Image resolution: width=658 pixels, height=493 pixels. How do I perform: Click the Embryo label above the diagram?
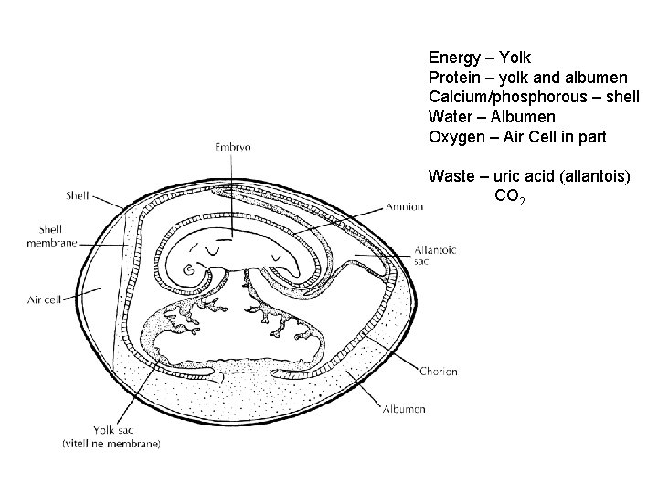pos(233,146)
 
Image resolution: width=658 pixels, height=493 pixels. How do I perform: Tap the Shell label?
pos(78,194)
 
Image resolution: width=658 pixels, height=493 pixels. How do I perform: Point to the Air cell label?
pos(45,299)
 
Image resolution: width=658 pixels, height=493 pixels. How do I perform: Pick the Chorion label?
pos(439,372)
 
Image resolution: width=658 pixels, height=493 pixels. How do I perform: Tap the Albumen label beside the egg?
pos(405,409)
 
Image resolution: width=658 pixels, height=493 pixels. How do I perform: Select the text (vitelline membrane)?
pos(111,445)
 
